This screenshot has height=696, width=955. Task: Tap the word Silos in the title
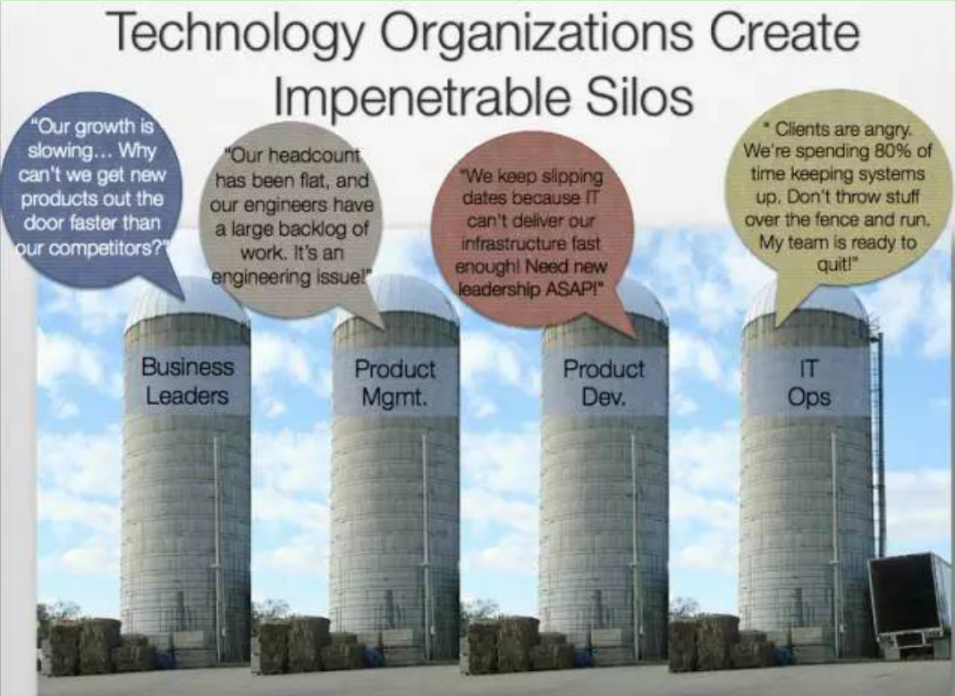638,96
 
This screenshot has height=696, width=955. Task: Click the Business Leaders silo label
187,382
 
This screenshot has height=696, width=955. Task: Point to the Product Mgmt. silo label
394,382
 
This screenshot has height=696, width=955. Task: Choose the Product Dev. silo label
604,382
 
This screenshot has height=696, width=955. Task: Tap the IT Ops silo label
809,382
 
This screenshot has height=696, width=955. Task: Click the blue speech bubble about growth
91,189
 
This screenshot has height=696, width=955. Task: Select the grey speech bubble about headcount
292,219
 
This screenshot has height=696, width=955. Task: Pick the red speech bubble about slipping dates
531,231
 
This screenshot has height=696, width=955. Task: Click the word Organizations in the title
537,33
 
